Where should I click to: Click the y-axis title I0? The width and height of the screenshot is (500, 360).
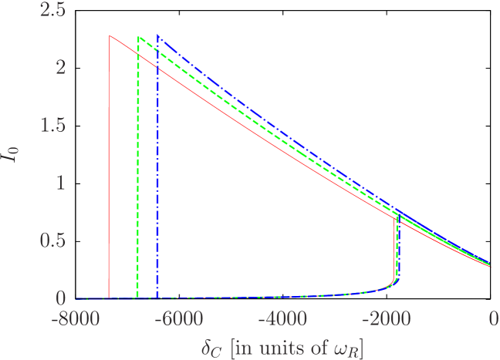click(x=17, y=154)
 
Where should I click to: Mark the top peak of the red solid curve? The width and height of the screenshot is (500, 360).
click(x=110, y=36)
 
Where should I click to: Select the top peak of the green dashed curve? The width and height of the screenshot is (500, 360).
click(x=138, y=37)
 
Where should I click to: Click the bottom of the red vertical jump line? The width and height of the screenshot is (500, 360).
click(x=109, y=297)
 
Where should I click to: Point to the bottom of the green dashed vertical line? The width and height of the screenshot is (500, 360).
click(x=137, y=297)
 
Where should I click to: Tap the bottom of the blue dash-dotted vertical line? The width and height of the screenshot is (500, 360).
click(x=157, y=297)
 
